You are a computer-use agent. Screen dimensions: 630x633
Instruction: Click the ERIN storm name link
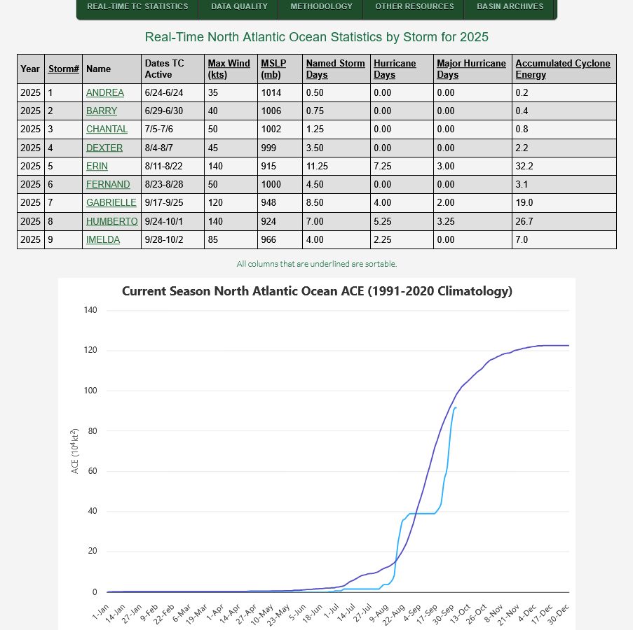coord(97,166)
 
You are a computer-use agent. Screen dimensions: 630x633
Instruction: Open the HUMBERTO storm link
coord(111,221)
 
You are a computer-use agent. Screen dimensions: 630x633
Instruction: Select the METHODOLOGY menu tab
coord(321,7)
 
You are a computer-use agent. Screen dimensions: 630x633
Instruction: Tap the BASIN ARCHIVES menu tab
coord(510,7)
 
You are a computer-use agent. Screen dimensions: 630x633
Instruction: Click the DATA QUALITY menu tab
coord(239,7)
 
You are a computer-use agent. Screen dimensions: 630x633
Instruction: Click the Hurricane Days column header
coord(395,69)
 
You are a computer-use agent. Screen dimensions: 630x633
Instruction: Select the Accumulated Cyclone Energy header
coord(563,69)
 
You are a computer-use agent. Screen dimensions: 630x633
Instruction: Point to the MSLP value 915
coord(271,166)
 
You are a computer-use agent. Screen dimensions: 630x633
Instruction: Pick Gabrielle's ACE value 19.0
coord(524,203)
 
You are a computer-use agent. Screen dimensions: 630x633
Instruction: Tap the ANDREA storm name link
coord(105,93)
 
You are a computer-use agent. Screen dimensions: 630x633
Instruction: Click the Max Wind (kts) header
coord(229,69)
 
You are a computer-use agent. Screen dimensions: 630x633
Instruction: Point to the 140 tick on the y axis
coord(90,310)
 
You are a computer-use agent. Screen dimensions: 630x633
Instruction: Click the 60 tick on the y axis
coord(93,471)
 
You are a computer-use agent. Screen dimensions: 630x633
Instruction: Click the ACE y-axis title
coord(76,451)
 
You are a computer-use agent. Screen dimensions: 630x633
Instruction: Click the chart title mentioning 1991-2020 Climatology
coord(317,291)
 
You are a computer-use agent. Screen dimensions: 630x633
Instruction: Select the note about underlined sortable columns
coord(317,264)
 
